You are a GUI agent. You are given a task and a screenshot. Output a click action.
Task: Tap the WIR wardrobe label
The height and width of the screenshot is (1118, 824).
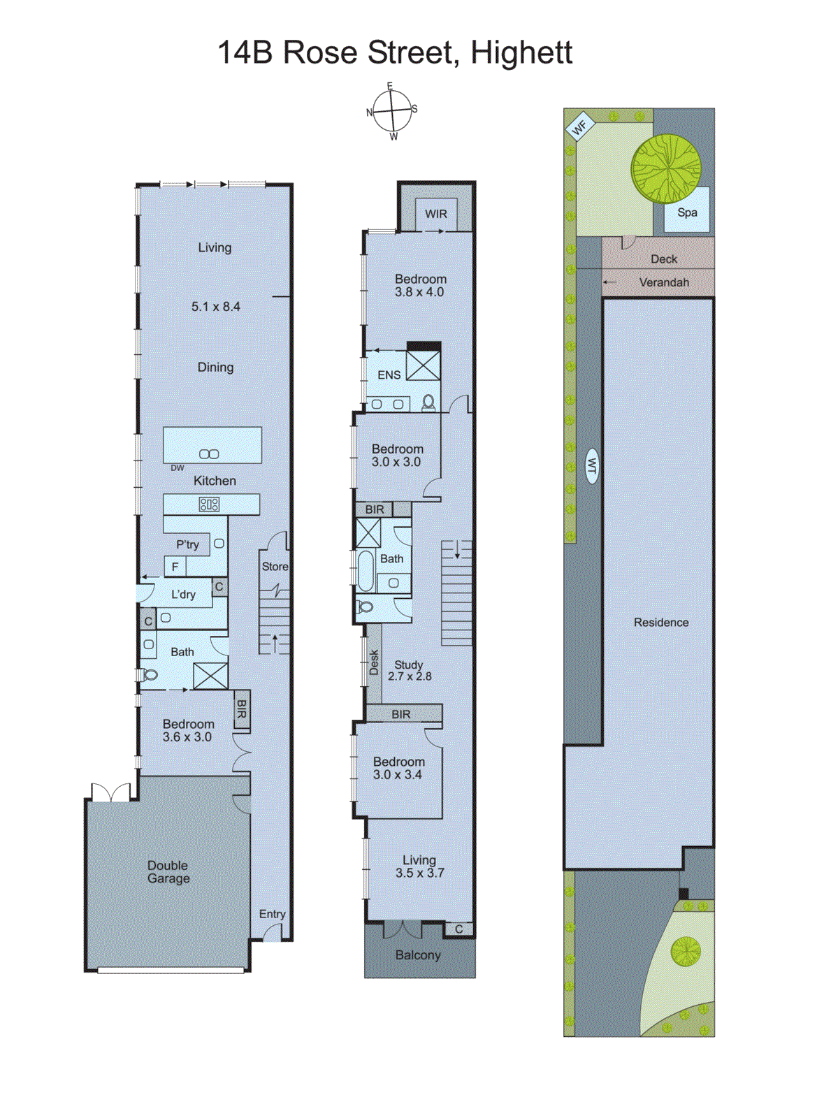[435, 214]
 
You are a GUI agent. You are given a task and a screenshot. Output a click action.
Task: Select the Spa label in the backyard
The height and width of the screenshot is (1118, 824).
[687, 212]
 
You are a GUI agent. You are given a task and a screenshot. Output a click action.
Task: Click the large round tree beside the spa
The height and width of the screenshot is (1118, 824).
[665, 168]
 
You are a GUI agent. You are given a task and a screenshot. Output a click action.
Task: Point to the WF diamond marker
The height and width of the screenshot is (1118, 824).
[579, 128]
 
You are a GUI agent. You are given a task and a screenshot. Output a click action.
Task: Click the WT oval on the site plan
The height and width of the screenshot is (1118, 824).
[591, 466]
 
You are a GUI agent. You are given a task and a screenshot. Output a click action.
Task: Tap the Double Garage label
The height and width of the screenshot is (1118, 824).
[168, 871]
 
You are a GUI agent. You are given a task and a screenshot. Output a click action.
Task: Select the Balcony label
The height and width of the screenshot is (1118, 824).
[418, 955]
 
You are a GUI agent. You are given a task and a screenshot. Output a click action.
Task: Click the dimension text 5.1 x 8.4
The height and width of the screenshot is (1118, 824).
[215, 306]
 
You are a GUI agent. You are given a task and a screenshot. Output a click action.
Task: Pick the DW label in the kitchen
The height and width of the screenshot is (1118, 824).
[178, 468]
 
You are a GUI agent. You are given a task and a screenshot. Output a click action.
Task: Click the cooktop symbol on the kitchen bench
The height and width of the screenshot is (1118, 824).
[209, 504]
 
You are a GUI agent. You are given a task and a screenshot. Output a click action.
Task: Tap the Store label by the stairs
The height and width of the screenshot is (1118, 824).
[275, 567]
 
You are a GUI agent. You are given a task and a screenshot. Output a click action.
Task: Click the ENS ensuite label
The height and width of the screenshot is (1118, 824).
[389, 375]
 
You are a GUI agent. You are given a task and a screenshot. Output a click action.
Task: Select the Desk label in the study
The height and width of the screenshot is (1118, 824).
[374, 662]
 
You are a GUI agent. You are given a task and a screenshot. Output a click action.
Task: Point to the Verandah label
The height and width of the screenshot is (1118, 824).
[664, 282]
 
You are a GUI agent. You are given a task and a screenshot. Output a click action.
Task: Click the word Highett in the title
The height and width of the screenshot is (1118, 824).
[521, 52]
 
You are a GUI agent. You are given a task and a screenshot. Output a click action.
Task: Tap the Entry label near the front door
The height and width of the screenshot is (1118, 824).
[272, 914]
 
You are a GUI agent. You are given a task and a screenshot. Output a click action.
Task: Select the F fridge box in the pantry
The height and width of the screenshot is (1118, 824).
[175, 567]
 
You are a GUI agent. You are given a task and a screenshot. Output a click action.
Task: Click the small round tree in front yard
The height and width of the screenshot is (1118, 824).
[686, 951]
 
